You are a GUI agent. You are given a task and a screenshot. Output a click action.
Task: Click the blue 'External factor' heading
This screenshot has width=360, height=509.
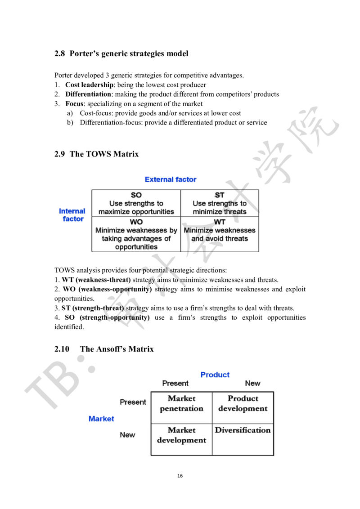(x=171, y=180)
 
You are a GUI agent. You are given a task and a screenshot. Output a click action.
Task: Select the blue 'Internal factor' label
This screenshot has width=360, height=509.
(x=72, y=215)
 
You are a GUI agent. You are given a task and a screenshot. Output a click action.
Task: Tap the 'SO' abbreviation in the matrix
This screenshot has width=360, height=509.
(x=135, y=195)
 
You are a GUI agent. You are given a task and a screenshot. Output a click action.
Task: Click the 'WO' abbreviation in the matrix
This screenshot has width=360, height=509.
(x=136, y=222)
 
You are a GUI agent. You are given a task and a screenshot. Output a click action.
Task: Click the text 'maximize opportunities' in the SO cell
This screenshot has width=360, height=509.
(x=136, y=212)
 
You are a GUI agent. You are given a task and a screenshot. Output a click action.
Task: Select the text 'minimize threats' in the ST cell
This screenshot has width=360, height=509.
(x=220, y=212)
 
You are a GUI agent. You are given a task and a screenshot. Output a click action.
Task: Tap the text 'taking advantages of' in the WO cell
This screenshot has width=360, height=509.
(x=136, y=239)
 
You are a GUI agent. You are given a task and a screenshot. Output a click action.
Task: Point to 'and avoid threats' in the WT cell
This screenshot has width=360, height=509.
(x=220, y=239)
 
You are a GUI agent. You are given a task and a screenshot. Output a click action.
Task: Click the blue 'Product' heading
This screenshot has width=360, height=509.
(x=215, y=375)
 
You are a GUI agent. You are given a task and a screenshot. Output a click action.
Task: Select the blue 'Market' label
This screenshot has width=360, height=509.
(x=101, y=419)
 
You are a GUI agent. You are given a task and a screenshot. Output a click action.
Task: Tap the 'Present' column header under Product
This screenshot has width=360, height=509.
(x=176, y=384)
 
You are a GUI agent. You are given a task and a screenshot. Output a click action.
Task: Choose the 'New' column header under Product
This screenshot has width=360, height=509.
(x=253, y=384)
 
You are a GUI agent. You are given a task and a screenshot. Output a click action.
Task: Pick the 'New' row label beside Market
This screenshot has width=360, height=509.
(x=127, y=435)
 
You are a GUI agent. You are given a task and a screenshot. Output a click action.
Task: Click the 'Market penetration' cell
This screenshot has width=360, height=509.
(x=181, y=404)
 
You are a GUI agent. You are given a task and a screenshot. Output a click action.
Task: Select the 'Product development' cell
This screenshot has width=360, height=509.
(x=243, y=404)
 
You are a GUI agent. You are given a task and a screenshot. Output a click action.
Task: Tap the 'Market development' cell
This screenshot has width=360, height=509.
(x=182, y=435)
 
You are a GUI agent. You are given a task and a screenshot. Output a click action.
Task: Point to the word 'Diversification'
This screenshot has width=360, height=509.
(x=243, y=431)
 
